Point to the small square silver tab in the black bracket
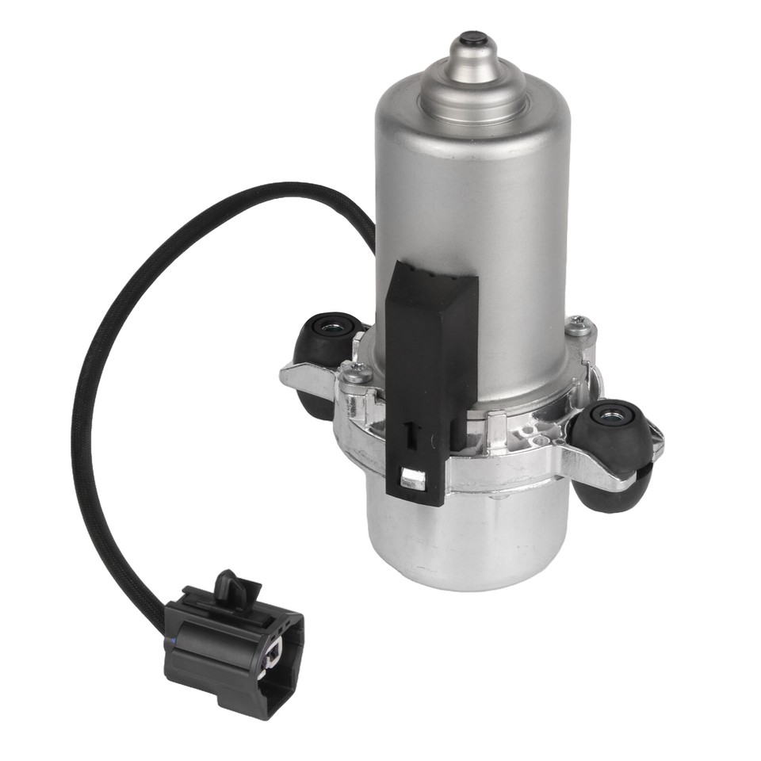tap(412, 478)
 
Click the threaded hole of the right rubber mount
tap(613, 412)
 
